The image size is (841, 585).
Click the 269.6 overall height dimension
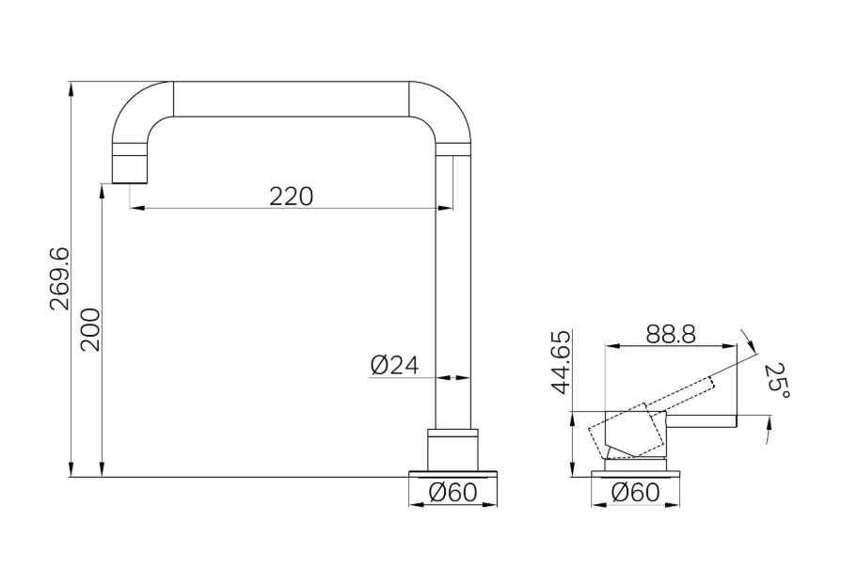[59, 278]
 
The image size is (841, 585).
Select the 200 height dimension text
[90, 329]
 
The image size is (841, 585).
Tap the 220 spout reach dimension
[292, 197]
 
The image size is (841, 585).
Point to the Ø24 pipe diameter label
[394, 366]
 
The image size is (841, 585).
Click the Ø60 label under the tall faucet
[452, 492]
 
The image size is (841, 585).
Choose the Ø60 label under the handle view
[635, 492]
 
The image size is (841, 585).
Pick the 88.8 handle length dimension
[671, 335]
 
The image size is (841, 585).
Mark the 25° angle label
[777, 381]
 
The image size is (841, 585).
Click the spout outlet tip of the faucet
[130, 182]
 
